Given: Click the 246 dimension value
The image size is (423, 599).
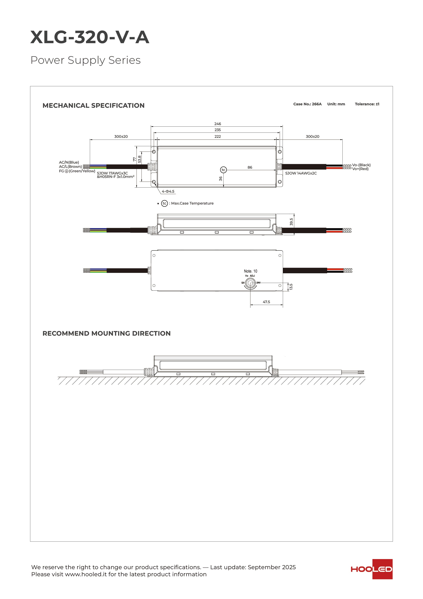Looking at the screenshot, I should coord(217,124).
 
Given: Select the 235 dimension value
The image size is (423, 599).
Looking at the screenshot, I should coord(217,130).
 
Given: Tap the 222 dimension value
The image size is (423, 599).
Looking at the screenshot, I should coord(217,137).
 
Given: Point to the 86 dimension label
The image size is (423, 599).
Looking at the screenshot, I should coord(250,167).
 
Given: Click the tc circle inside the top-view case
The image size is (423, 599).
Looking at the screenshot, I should coord(223,170).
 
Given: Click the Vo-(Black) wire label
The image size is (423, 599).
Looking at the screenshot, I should coord(361,165).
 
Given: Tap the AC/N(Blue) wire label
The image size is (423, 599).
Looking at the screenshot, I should coord(69,162).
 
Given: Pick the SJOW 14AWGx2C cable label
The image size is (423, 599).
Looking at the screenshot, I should coord(301,173).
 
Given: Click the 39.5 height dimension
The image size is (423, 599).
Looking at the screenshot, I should coord(291,222).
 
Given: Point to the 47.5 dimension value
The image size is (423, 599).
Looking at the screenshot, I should coord(266,302).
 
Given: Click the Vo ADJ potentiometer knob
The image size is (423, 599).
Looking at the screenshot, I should coord(250,283).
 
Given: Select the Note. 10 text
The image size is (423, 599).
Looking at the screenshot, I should coord(250,271).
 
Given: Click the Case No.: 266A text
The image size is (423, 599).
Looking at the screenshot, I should coord(307,104).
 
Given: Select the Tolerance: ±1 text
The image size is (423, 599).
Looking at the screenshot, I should coord(367,104).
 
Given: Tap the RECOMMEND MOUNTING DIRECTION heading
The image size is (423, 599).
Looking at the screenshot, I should coord(106,333).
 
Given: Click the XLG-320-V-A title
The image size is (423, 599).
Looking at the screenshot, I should coord(90,37).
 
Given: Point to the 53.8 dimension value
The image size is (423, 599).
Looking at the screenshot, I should coord(139,159).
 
